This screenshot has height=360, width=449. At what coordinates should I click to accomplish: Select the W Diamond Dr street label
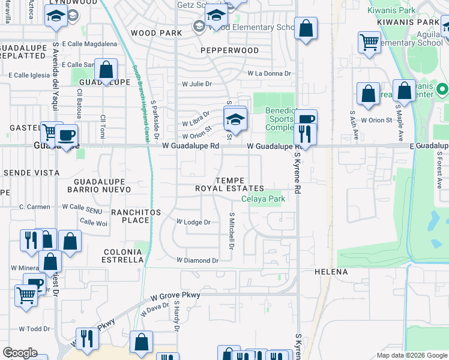pyautogui.click(x=197, y=260)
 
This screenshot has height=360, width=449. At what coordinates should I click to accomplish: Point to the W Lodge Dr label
pyautogui.click(x=193, y=222)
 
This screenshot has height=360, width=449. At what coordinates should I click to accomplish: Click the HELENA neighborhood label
pyautogui.click(x=331, y=272)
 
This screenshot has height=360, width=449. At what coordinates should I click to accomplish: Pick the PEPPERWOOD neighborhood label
pyautogui.click(x=229, y=50)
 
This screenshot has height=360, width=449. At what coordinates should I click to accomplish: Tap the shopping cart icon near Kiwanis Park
pyautogui.click(x=369, y=43)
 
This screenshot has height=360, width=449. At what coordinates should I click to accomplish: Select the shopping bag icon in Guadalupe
pyautogui.click(x=106, y=70)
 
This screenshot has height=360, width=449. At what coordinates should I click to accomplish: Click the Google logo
pyautogui.click(x=19, y=353)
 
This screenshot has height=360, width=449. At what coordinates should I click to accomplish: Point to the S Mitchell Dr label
pyautogui.click(x=231, y=230)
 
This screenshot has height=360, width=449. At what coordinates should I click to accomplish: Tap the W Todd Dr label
pyautogui.click(x=34, y=329)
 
